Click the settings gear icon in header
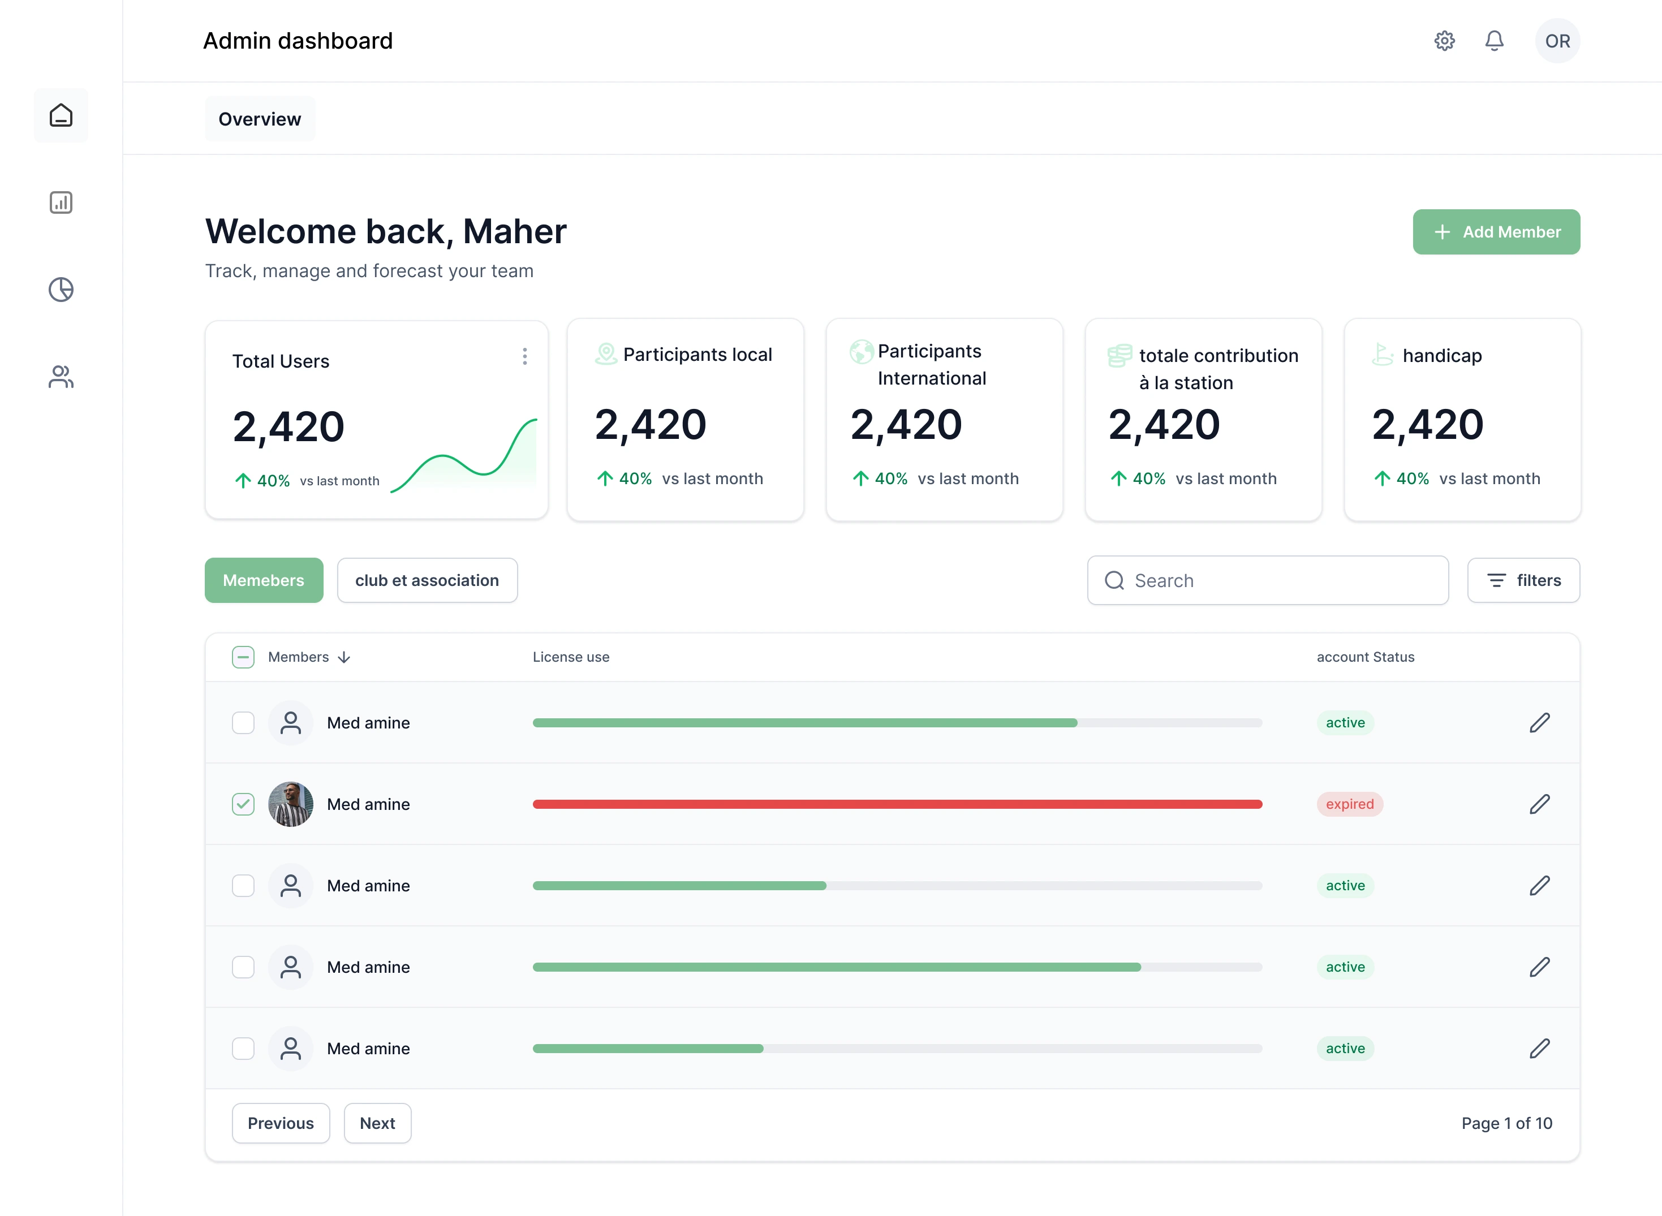pos(1444,41)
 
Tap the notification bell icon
pos(1493,41)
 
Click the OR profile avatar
pos(1557,41)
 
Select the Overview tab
pos(260,119)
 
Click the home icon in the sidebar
pos(61,115)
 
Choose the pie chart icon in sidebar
pos(61,289)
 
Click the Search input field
pos(1268,581)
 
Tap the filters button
pos(1523,581)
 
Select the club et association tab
pos(427,581)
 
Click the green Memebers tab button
pos(264,581)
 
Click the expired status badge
pos(1349,804)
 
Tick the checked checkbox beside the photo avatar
pos(243,804)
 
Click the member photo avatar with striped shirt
pos(291,804)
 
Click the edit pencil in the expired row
pos(1539,804)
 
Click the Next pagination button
pos(377,1123)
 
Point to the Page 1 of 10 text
pos(1506,1123)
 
